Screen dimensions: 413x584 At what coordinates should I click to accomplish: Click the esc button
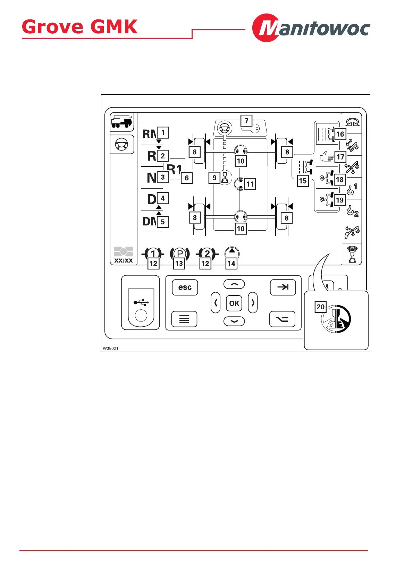pyautogui.click(x=185, y=287)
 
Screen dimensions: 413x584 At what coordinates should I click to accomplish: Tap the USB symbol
pyautogui.click(x=141, y=303)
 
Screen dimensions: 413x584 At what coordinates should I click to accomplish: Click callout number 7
pyautogui.click(x=246, y=121)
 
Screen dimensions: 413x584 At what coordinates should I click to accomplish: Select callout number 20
pyautogui.click(x=320, y=307)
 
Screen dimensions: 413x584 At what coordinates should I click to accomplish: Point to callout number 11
pyautogui.click(x=250, y=184)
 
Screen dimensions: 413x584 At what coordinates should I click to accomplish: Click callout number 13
pyautogui.click(x=179, y=264)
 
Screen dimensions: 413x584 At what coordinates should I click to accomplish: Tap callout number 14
pyautogui.click(x=231, y=264)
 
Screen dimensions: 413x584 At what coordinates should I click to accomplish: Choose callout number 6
pyautogui.click(x=187, y=178)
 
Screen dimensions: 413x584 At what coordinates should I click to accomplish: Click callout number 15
pyautogui.click(x=303, y=181)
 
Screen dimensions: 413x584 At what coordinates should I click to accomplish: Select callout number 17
pyautogui.click(x=340, y=157)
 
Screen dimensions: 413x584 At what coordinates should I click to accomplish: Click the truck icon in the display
pyautogui.click(x=121, y=122)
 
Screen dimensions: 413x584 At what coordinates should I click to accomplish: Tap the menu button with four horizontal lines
pyautogui.click(x=184, y=319)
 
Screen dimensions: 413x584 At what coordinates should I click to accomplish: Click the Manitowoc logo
pyautogui.click(x=311, y=28)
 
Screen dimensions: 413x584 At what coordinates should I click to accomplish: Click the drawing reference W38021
pyautogui.click(x=110, y=348)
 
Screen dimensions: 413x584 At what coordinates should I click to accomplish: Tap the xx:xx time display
pyautogui.click(x=124, y=260)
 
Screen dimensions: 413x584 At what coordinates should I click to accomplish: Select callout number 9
pyautogui.click(x=214, y=178)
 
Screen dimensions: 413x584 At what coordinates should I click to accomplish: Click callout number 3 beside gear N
pyautogui.click(x=163, y=177)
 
